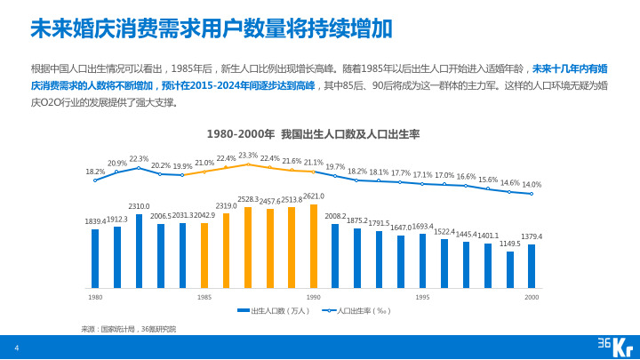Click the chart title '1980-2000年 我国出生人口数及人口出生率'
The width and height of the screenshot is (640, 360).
click(x=313, y=134)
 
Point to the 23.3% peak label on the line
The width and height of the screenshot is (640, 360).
click(x=248, y=156)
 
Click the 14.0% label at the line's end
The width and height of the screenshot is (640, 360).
click(x=532, y=184)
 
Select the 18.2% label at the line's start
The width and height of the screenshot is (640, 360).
click(x=95, y=172)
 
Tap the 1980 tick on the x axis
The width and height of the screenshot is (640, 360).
click(x=95, y=297)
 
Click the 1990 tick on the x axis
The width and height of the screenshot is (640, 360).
click(x=314, y=297)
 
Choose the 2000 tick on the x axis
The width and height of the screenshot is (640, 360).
click(x=532, y=297)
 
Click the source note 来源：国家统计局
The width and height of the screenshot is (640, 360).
click(x=129, y=329)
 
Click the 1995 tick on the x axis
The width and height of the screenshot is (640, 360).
click(x=423, y=297)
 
